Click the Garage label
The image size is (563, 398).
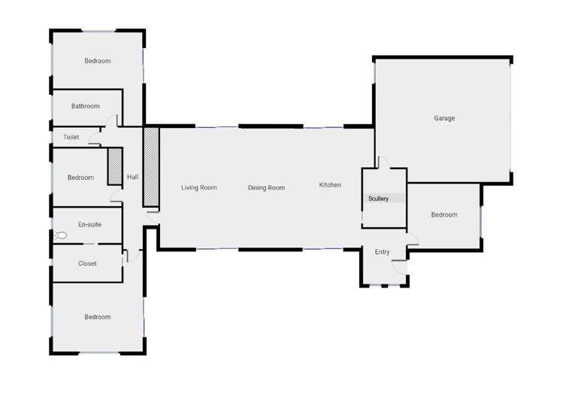coord(444,118)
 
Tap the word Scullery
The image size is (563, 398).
coord(378,199)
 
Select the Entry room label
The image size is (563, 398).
coord(382,252)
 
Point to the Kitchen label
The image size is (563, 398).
coord(330,185)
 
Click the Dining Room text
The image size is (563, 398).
coord(266,187)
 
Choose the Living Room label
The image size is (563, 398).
coord(199,187)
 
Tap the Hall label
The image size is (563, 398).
coord(132,177)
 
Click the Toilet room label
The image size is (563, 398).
coord(71,137)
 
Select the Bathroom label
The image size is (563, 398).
coord(85,106)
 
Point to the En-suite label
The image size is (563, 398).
coord(89,224)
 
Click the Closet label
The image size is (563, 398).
coord(87,263)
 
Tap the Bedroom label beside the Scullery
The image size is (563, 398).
coord(443,215)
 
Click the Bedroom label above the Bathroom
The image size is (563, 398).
coord(97,61)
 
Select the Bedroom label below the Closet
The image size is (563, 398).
coord(97,317)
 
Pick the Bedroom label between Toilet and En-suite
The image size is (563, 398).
coord(80,178)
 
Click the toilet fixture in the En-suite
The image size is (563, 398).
coord(62,235)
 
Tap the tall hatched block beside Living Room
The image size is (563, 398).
coord(151,166)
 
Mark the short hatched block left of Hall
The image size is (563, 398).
coord(114,166)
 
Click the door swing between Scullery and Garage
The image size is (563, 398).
coord(383,163)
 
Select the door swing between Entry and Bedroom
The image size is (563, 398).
coord(411,240)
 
